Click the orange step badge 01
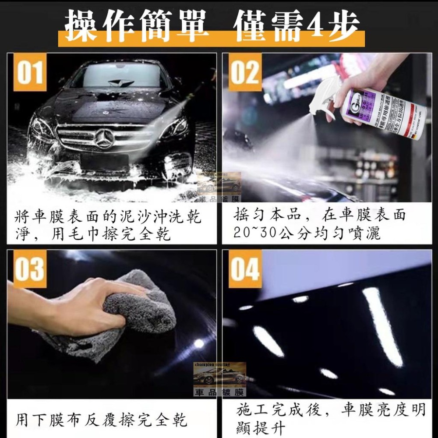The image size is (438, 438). click(30, 72)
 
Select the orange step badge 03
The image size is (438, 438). click(30, 269)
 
